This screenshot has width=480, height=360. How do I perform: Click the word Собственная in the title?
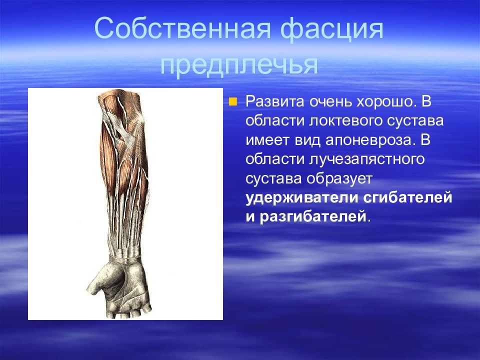click(183, 28)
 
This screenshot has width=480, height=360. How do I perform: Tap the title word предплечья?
click(239, 65)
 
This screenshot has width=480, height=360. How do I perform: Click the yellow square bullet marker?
click(233, 101)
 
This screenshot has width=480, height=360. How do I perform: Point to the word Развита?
click(275, 101)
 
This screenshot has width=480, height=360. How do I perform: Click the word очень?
click(329, 101)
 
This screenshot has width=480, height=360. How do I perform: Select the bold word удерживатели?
click(302, 198)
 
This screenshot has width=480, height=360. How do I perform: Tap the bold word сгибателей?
click(408, 198)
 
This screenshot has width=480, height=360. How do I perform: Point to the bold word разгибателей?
click(313, 216)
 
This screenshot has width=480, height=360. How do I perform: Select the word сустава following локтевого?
click(415, 120)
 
